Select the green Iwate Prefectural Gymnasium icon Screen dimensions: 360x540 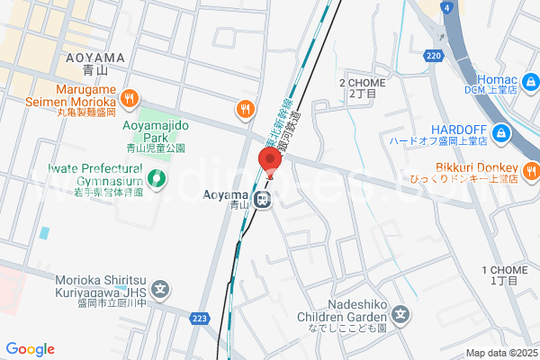pos(157,179)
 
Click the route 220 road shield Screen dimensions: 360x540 pos(435,55)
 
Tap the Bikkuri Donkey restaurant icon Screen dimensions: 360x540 pos(531,168)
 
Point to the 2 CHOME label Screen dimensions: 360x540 pos(362,87)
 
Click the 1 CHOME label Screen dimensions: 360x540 pos(505,275)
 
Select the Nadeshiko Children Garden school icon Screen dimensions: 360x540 pos(402,316)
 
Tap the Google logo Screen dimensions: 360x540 pos(31,349)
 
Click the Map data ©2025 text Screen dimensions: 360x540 pos(500,353)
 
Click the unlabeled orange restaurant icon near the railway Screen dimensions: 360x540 pos(244,109)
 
